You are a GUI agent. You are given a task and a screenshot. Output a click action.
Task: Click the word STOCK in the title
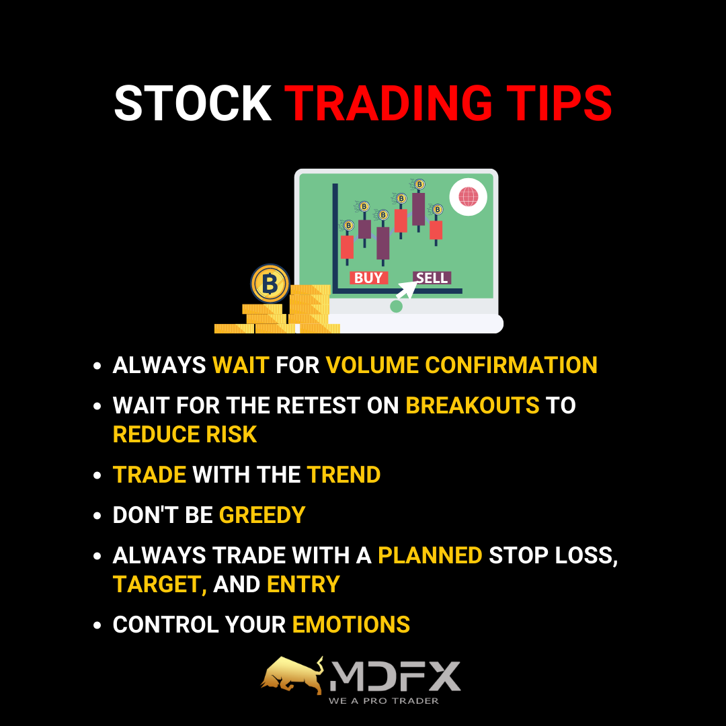[193, 104]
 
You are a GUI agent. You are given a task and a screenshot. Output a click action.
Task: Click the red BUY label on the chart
[368, 278]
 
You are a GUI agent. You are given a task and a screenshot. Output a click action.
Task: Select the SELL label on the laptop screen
[432, 278]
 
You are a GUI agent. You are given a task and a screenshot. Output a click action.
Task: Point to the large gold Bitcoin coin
[270, 283]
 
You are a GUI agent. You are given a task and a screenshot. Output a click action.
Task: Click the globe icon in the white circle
[468, 197]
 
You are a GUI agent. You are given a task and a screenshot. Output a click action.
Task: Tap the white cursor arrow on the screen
[407, 289]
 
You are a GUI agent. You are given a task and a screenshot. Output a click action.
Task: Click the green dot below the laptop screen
[397, 306]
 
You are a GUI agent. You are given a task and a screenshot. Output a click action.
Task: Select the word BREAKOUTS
[473, 405]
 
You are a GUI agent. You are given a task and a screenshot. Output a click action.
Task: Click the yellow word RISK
[231, 434]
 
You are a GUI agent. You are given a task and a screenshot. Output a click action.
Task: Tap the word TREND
[344, 475]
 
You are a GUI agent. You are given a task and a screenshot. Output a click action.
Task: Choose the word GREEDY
[262, 515]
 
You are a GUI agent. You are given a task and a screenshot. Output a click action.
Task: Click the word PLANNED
[430, 555]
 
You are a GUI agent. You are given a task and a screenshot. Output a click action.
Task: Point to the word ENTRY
[303, 584]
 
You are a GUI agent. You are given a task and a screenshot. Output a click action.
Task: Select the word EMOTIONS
[351, 624]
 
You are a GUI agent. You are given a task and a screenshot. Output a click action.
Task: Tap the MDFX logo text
[395, 676]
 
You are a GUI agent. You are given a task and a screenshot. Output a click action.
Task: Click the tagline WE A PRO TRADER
[383, 701]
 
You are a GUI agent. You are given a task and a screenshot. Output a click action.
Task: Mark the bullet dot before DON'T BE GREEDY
[97, 516]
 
